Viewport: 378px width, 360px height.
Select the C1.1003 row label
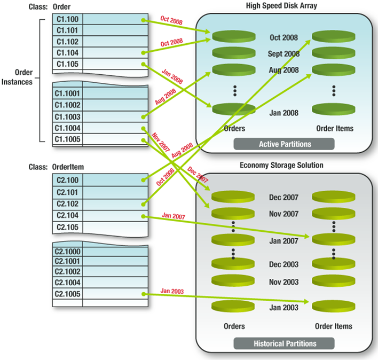click(x=67, y=116)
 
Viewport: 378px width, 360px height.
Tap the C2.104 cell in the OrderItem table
click(x=67, y=216)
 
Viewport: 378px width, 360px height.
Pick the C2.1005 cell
click(x=67, y=294)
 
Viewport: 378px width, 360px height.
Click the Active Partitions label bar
click(x=283, y=144)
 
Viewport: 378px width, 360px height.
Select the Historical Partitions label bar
click(x=283, y=343)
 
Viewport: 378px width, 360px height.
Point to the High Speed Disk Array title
click(x=282, y=5)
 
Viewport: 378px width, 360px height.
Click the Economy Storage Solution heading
click(x=281, y=166)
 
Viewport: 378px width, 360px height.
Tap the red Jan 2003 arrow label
click(x=171, y=292)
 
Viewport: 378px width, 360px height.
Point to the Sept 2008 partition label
click(x=283, y=54)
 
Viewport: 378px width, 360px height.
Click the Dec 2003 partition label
click(x=283, y=264)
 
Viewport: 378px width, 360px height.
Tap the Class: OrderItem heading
click(x=56, y=167)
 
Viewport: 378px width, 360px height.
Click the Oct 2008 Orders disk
click(x=233, y=37)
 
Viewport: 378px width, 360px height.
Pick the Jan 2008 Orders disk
click(x=233, y=108)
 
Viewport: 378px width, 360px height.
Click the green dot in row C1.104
click(x=144, y=53)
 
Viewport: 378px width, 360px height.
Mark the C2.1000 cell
click(x=67, y=252)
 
